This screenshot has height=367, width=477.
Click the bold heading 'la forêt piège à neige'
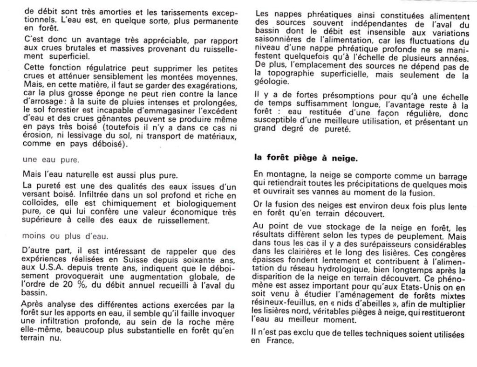[306, 158]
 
